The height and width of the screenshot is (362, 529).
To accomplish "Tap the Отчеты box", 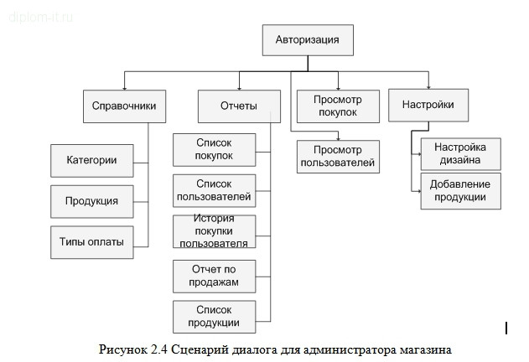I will (238, 106).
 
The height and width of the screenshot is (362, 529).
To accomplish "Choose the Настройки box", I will (428, 106).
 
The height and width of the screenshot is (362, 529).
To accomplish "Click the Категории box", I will (91, 160).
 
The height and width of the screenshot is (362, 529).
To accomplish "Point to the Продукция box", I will (91, 201).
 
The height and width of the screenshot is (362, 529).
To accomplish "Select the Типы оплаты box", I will (91, 241).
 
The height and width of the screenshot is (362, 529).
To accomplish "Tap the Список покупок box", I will (214, 150).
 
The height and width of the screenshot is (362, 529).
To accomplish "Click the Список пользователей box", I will (214, 190).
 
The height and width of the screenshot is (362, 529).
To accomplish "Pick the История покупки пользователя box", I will (214, 231).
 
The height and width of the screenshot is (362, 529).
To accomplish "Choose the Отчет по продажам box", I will (214, 276).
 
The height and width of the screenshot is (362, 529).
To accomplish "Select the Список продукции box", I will (214, 316).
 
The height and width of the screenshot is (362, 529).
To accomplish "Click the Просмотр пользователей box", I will (338, 156).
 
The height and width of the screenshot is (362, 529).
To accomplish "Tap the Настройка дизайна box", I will (460, 154).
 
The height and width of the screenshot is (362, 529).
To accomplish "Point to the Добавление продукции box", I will (460, 190).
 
